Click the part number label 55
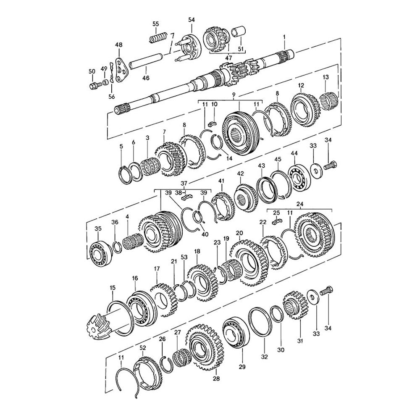156,24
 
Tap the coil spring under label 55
158,37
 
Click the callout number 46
146,78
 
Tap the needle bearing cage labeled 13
329,100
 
